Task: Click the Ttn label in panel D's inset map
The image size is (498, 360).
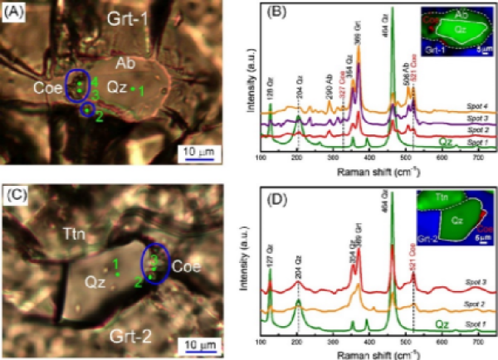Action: coord(430,198)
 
